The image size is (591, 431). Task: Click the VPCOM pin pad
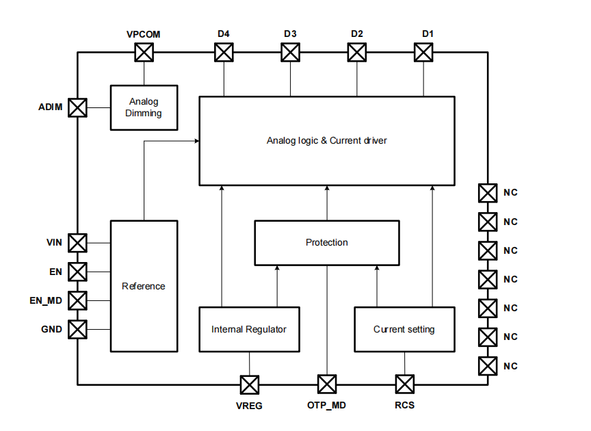[144, 52]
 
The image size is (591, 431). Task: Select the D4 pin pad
[224, 52]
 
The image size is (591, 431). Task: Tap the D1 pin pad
[423, 52]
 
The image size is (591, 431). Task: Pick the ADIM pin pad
[78, 107]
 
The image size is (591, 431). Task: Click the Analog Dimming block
[144, 107]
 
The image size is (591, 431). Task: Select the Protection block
[326, 243]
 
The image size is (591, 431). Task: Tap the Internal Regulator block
[249, 329]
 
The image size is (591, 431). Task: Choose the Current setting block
[404, 329]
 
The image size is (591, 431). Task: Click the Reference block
[144, 286]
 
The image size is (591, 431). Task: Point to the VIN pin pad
[78, 242]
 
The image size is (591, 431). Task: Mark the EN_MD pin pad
[78, 300]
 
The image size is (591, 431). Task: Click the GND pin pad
[78, 329]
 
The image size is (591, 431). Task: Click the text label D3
[290, 34]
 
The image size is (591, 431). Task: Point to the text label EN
[55, 272]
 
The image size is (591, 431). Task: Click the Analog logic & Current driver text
[326, 141]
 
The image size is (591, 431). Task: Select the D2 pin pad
[357, 52]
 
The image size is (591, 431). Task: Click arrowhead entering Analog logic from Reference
[196, 141]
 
